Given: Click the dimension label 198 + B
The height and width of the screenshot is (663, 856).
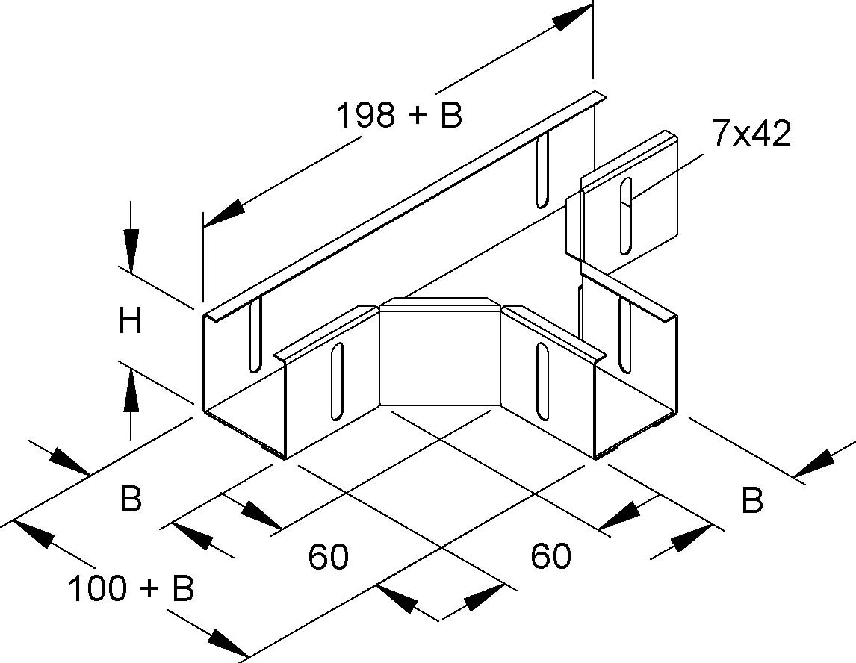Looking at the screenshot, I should (x=400, y=116).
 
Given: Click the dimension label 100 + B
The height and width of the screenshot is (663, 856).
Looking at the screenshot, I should (x=131, y=589).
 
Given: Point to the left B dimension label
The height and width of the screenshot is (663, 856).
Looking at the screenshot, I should (x=131, y=499).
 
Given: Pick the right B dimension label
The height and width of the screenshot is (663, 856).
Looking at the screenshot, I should (x=752, y=501).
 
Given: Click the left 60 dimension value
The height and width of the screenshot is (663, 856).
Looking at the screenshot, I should (x=329, y=557).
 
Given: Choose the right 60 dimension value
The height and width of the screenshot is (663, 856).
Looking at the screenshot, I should (x=551, y=555).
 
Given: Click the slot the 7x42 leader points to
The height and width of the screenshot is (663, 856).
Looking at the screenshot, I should (x=625, y=215).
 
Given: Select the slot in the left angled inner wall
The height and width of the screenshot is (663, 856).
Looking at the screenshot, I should (x=337, y=380).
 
